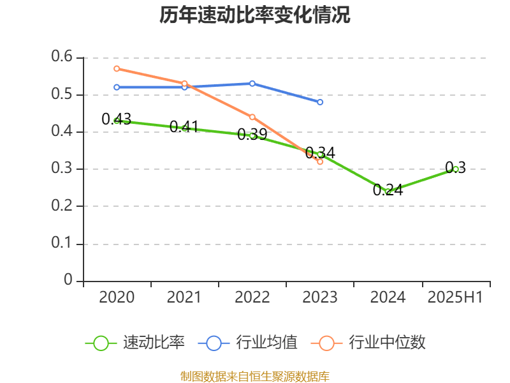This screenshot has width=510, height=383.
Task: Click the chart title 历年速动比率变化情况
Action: pyautogui.click(x=255, y=15)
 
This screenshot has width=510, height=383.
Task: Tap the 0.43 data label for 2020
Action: pyautogui.click(x=117, y=119)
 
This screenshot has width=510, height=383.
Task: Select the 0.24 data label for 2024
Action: pyautogui.click(x=388, y=190)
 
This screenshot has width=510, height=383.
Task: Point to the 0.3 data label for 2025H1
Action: pyautogui.click(x=455, y=168)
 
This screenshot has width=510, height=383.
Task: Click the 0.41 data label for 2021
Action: pyautogui.click(x=184, y=126)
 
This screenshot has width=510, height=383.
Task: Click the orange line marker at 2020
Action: pyautogui.click(x=117, y=68)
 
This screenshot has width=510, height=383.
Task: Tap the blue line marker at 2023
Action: pyautogui.click(x=320, y=102)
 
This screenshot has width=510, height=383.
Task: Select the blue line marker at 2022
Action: pyautogui.click(x=252, y=84)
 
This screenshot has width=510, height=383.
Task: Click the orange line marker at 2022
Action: pyautogui.click(x=252, y=117)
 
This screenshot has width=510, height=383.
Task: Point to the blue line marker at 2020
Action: pyautogui.click(x=117, y=87)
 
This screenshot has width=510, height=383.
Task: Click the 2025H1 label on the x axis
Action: pyautogui.click(x=455, y=297)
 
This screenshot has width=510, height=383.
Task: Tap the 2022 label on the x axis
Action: pyautogui.click(x=252, y=297)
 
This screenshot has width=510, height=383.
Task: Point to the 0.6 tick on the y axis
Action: pyautogui.click(x=63, y=57)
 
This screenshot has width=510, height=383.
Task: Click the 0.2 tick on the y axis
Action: pyautogui.click(x=63, y=206)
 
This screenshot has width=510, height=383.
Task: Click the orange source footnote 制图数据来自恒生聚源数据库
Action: pyautogui.click(x=255, y=376)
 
